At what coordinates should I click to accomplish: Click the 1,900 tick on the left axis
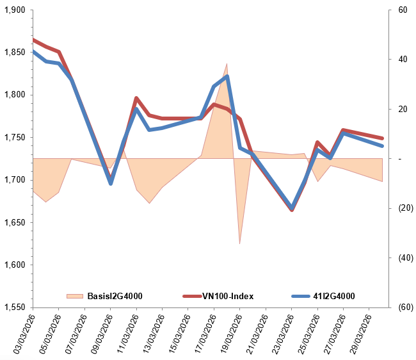tap(13, 10)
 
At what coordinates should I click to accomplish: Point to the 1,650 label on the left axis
tap(13, 223)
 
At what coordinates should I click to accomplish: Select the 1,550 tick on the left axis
tap(13, 307)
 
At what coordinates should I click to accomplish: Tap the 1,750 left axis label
tap(13, 138)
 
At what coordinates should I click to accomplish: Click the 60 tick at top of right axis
tap(403, 10)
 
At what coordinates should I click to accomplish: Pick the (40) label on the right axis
tap(404, 258)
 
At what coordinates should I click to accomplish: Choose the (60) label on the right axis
tap(404, 307)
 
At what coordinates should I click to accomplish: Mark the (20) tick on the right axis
tap(404, 208)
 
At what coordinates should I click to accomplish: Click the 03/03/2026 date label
tap(24, 333)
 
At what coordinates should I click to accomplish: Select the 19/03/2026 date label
tap(230, 333)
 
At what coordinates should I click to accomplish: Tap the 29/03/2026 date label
tap(360, 333)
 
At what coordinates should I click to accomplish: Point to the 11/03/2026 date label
tap(127, 333)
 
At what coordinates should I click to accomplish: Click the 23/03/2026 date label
tap(282, 333)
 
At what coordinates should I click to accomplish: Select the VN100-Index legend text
tap(228, 296)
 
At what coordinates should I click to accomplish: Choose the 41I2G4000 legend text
tap(333, 296)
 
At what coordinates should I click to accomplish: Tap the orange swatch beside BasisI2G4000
tap(75, 296)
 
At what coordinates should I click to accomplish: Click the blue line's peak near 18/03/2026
tap(227, 77)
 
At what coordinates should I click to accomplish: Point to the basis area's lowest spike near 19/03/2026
tap(239, 244)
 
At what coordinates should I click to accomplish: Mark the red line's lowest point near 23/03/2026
tap(292, 210)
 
